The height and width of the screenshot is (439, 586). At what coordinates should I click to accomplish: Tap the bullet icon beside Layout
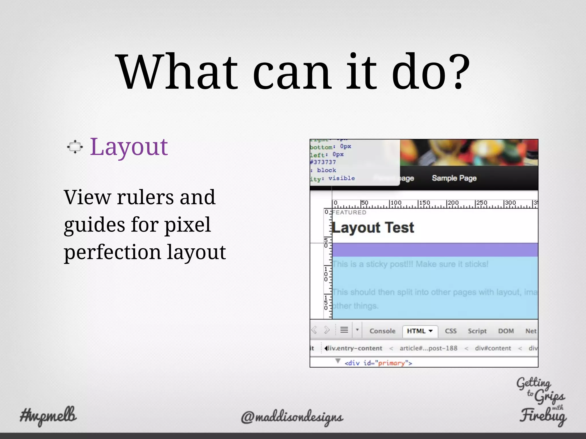75,147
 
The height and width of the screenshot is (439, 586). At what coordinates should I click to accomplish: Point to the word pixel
187,225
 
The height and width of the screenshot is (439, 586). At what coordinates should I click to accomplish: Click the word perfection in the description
112,252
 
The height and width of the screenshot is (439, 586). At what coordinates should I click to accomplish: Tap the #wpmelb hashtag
48,415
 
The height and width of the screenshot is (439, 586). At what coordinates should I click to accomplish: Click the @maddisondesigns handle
292,417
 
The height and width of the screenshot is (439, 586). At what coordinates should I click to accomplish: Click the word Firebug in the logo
543,416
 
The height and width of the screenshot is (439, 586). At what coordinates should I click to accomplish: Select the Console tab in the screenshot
382,331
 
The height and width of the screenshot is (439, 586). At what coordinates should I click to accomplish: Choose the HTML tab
420,331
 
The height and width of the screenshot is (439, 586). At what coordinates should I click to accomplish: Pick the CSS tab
451,331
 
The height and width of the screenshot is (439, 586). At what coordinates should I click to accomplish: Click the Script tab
477,331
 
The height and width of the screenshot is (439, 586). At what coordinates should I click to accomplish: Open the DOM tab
506,331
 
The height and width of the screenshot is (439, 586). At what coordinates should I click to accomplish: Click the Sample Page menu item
454,178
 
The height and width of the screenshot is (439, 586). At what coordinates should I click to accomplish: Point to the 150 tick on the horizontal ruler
424,203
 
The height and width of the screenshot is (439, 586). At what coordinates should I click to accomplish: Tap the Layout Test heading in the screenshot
373,228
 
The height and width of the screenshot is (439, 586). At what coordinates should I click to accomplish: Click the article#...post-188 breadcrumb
428,348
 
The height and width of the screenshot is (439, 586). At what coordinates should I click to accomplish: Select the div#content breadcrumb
493,348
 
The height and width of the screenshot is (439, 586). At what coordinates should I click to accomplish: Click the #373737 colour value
323,162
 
